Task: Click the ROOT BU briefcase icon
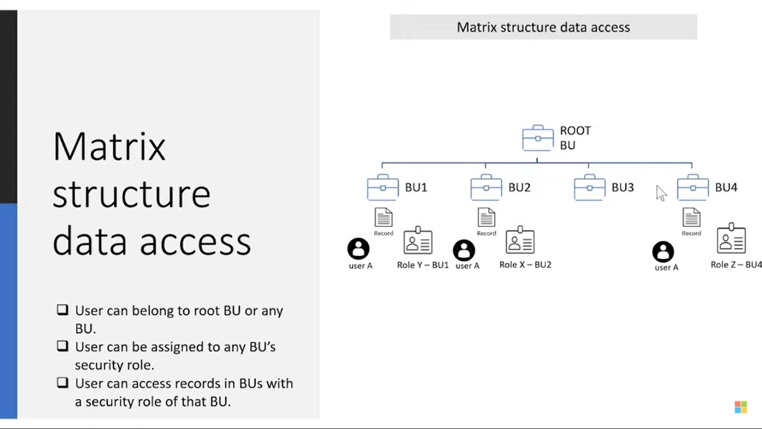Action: pyautogui.click(x=537, y=138)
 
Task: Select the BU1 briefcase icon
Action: pyautogui.click(x=382, y=187)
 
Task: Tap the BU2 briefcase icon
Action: pyautogui.click(x=486, y=187)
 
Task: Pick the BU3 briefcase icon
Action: pyautogui.click(x=589, y=187)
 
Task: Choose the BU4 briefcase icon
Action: pyautogui.click(x=693, y=187)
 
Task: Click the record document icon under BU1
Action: pyautogui.click(x=383, y=217)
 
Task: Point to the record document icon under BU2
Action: pyautogui.click(x=487, y=217)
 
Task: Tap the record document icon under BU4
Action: pyautogui.click(x=691, y=217)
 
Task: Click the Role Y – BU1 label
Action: pyautogui.click(x=423, y=265)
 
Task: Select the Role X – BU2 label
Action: pyautogui.click(x=525, y=264)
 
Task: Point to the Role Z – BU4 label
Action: pyautogui.click(x=736, y=264)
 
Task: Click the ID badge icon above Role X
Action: pyautogui.click(x=520, y=241)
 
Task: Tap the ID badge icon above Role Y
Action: pyautogui.click(x=418, y=241)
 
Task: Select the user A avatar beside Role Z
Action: pyautogui.click(x=663, y=252)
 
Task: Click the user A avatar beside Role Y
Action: pyautogui.click(x=359, y=249)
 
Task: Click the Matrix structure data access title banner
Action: pyautogui.click(x=543, y=28)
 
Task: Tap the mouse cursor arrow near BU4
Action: pyautogui.click(x=661, y=193)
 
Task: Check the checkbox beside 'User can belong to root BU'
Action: pyautogui.click(x=63, y=310)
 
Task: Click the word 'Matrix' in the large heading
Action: pyautogui.click(x=109, y=145)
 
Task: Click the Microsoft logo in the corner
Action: pyautogui.click(x=740, y=407)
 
